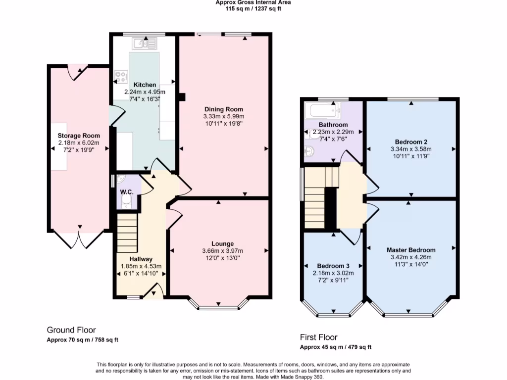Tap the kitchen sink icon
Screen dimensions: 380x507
(143, 45)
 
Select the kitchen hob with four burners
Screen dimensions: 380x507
(120, 76)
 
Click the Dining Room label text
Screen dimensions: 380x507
(224, 109)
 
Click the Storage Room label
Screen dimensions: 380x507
(79, 136)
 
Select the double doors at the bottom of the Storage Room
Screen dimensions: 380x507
(79, 240)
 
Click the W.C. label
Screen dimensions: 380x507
(125, 191)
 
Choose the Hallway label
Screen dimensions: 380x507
(141, 259)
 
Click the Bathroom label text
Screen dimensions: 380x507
(333, 125)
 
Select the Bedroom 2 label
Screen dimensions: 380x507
(410, 142)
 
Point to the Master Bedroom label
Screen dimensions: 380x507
(410, 250)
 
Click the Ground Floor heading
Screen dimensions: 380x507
(71, 330)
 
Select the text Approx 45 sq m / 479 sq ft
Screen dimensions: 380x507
(336, 347)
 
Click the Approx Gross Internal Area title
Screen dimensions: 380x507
(253, 2)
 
